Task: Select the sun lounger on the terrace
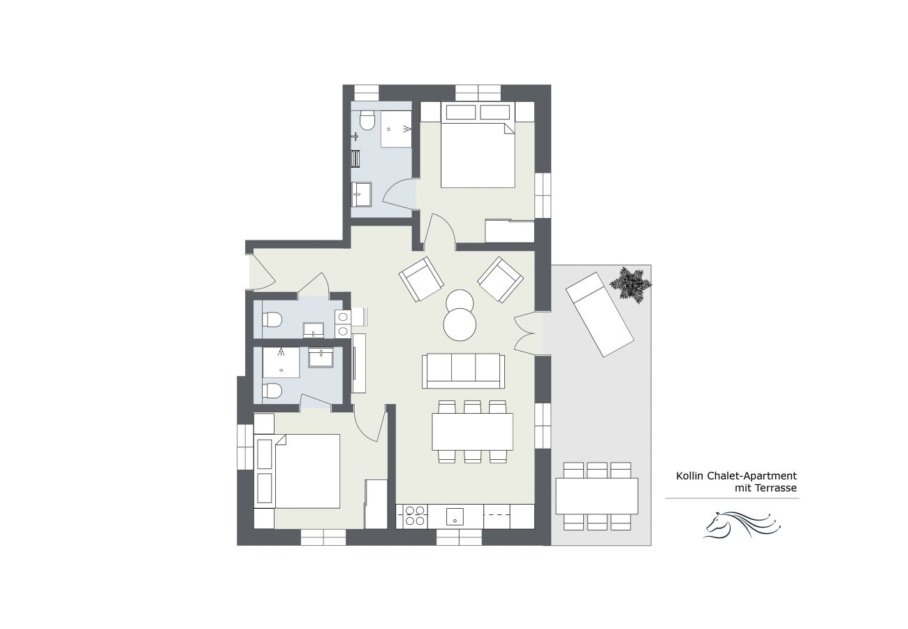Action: (599, 314)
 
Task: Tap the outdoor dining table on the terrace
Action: (596, 496)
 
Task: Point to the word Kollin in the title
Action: (689, 476)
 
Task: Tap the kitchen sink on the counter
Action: (455, 516)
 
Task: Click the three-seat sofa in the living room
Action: (463, 370)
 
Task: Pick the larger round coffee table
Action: (461, 325)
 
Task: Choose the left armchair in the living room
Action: (421, 279)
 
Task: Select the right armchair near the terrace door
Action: (500, 280)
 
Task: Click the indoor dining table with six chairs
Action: (472, 431)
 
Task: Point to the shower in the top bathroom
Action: (396, 128)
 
